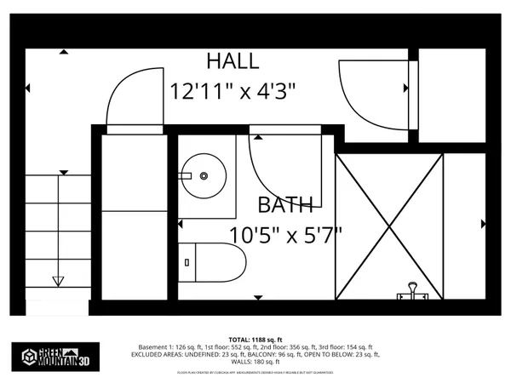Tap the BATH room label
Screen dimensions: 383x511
tap(285, 205)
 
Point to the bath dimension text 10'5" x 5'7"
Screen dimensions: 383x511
tap(285, 232)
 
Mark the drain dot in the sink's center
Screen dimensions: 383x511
tap(204, 176)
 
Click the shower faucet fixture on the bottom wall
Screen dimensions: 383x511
tap(411, 292)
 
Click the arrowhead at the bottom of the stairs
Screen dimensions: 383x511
tap(58, 282)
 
